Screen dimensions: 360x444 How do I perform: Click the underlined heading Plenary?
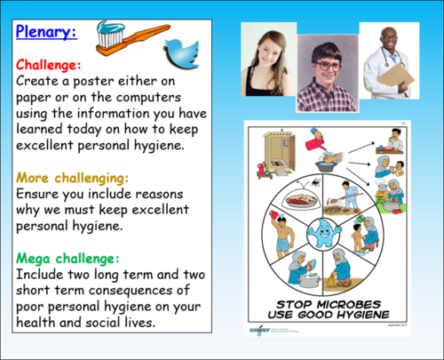coord(45,33)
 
